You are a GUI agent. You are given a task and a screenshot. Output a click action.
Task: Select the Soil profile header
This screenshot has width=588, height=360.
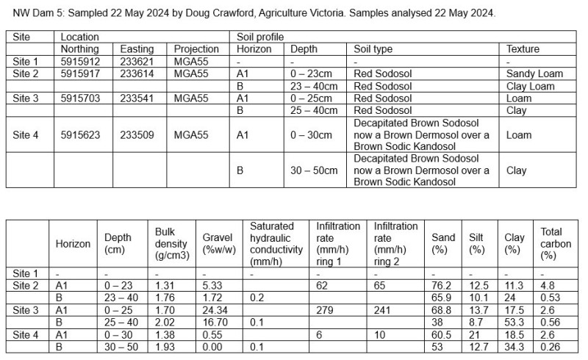click(260, 37)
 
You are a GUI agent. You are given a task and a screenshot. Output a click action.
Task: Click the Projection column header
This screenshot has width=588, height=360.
click(196, 49)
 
